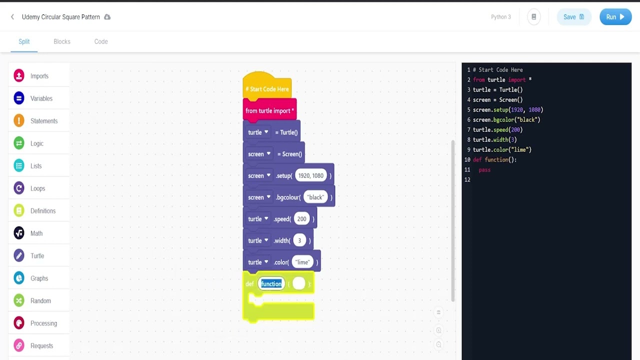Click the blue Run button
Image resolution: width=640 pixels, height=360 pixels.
click(x=615, y=17)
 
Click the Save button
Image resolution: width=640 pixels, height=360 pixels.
click(x=573, y=17)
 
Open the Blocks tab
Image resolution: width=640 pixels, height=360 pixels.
click(x=62, y=41)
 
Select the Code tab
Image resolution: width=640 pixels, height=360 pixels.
click(x=101, y=41)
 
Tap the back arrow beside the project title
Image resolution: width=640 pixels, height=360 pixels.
click(x=12, y=17)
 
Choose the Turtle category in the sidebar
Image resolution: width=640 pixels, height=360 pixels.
click(x=37, y=255)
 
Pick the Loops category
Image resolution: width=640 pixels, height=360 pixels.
click(x=37, y=188)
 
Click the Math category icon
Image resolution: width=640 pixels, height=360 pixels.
click(x=19, y=233)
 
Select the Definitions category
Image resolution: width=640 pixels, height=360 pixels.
click(x=42, y=211)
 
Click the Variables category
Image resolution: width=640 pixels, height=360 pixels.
click(x=41, y=98)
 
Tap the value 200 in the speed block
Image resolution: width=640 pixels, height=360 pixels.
click(x=301, y=219)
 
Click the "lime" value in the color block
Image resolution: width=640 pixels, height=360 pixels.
click(x=302, y=262)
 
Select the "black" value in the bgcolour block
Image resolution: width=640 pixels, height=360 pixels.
click(x=315, y=197)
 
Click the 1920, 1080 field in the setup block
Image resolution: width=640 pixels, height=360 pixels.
click(x=310, y=175)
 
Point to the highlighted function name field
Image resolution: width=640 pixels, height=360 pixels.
click(x=271, y=284)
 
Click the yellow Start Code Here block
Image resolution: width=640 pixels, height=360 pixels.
click(x=267, y=89)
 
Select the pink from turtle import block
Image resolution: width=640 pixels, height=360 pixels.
click(x=269, y=110)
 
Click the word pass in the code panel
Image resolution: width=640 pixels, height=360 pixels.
click(x=484, y=170)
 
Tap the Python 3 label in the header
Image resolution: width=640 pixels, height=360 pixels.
click(x=500, y=17)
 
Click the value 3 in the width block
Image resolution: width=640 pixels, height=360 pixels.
click(x=299, y=240)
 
